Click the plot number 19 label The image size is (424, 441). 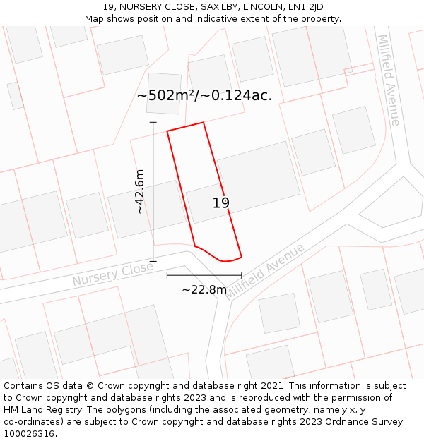[x=221, y=203]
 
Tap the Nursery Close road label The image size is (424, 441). [x=112, y=274]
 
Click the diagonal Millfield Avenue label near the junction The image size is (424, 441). [x=265, y=272]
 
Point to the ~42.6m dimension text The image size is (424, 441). [x=140, y=191]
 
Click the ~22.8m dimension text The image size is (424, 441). [x=204, y=289]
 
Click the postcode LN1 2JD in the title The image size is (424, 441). [x=307, y=7]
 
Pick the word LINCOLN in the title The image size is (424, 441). [x=252, y=7]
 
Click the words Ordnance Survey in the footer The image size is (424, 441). [x=367, y=422]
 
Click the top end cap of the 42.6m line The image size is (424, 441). [x=153, y=122]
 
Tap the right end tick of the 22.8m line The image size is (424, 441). [x=242, y=275]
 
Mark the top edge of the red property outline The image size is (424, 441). [x=185, y=127]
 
